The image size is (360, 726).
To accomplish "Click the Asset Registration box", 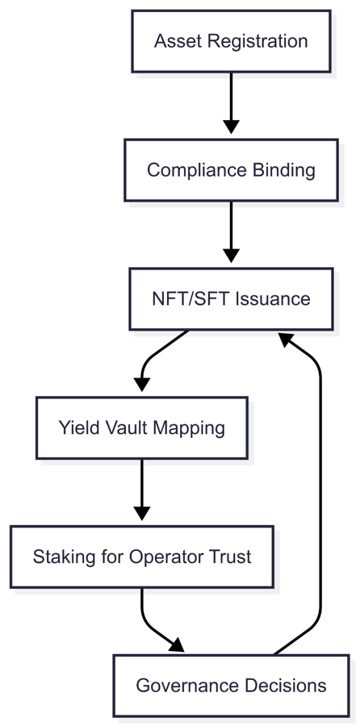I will coord(231,41).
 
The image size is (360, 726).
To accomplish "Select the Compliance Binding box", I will coord(231,170).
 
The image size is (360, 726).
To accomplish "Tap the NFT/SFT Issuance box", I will coord(231,298).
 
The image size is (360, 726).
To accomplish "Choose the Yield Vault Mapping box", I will coord(141,428).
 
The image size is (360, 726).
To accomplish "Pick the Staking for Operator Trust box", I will coord(141,557).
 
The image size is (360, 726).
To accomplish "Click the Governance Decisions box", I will coord(231,686).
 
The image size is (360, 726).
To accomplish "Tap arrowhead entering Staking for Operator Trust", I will coord(141,513).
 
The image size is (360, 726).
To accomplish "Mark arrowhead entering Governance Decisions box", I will coord(177,645).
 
